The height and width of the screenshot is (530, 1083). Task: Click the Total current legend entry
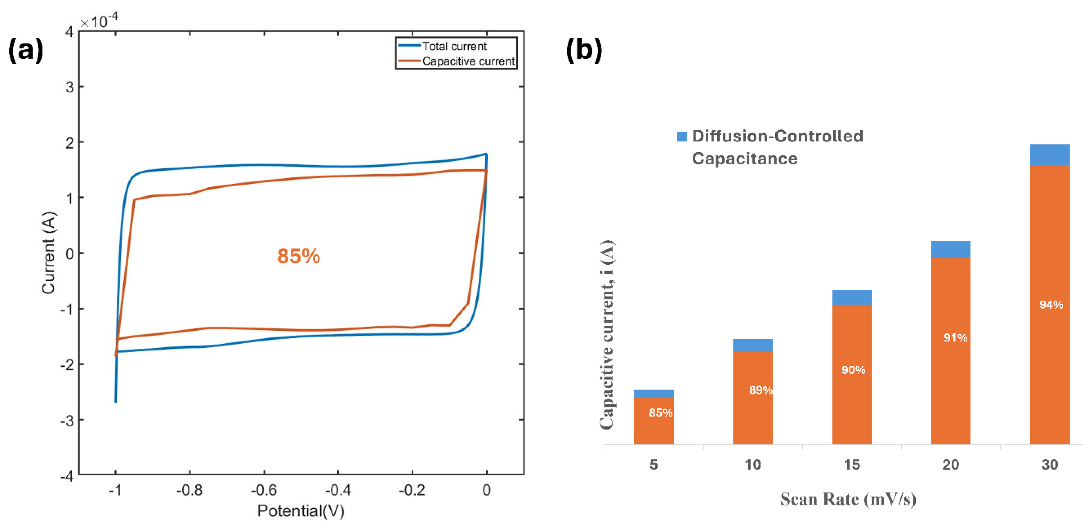[x=454, y=46]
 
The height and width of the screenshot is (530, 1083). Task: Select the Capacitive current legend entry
[x=468, y=61]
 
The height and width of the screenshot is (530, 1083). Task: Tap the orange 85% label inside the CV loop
[x=298, y=256]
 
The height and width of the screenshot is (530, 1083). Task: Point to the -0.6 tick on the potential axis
[x=264, y=490]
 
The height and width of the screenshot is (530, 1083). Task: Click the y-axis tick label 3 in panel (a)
[x=69, y=87]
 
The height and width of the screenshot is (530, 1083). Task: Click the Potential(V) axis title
[x=301, y=511]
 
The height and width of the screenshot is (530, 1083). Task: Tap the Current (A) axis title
[x=49, y=253]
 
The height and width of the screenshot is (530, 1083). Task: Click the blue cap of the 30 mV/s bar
[x=1049, y=155]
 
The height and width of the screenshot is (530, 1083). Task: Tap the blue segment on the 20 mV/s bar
[x=951, y=249]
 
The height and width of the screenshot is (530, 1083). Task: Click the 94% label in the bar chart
[x=1051, y=304]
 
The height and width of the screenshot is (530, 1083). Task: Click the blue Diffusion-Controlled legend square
[x=682, y=136]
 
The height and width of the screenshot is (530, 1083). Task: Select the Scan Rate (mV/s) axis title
[x=848, y=499]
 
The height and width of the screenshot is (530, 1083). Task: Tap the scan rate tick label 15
[x=852, y=464]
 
